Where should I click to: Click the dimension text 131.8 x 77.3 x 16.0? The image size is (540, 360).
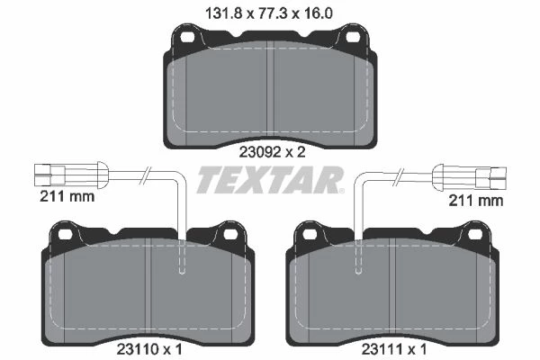click(269, 13)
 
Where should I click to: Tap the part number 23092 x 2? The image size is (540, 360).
click(272, 152)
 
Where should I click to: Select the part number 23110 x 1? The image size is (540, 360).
click(149, 350)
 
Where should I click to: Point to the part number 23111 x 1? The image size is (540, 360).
click(394, 350)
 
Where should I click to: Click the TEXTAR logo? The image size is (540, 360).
click(270, 179)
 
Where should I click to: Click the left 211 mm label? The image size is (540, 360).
click(67, 197)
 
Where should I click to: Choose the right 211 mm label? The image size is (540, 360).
click(475, 201)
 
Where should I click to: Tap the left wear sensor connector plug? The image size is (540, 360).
click(71, 175)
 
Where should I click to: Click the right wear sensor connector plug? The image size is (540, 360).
click(470, 177)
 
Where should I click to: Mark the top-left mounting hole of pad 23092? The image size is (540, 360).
click(188, 37)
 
